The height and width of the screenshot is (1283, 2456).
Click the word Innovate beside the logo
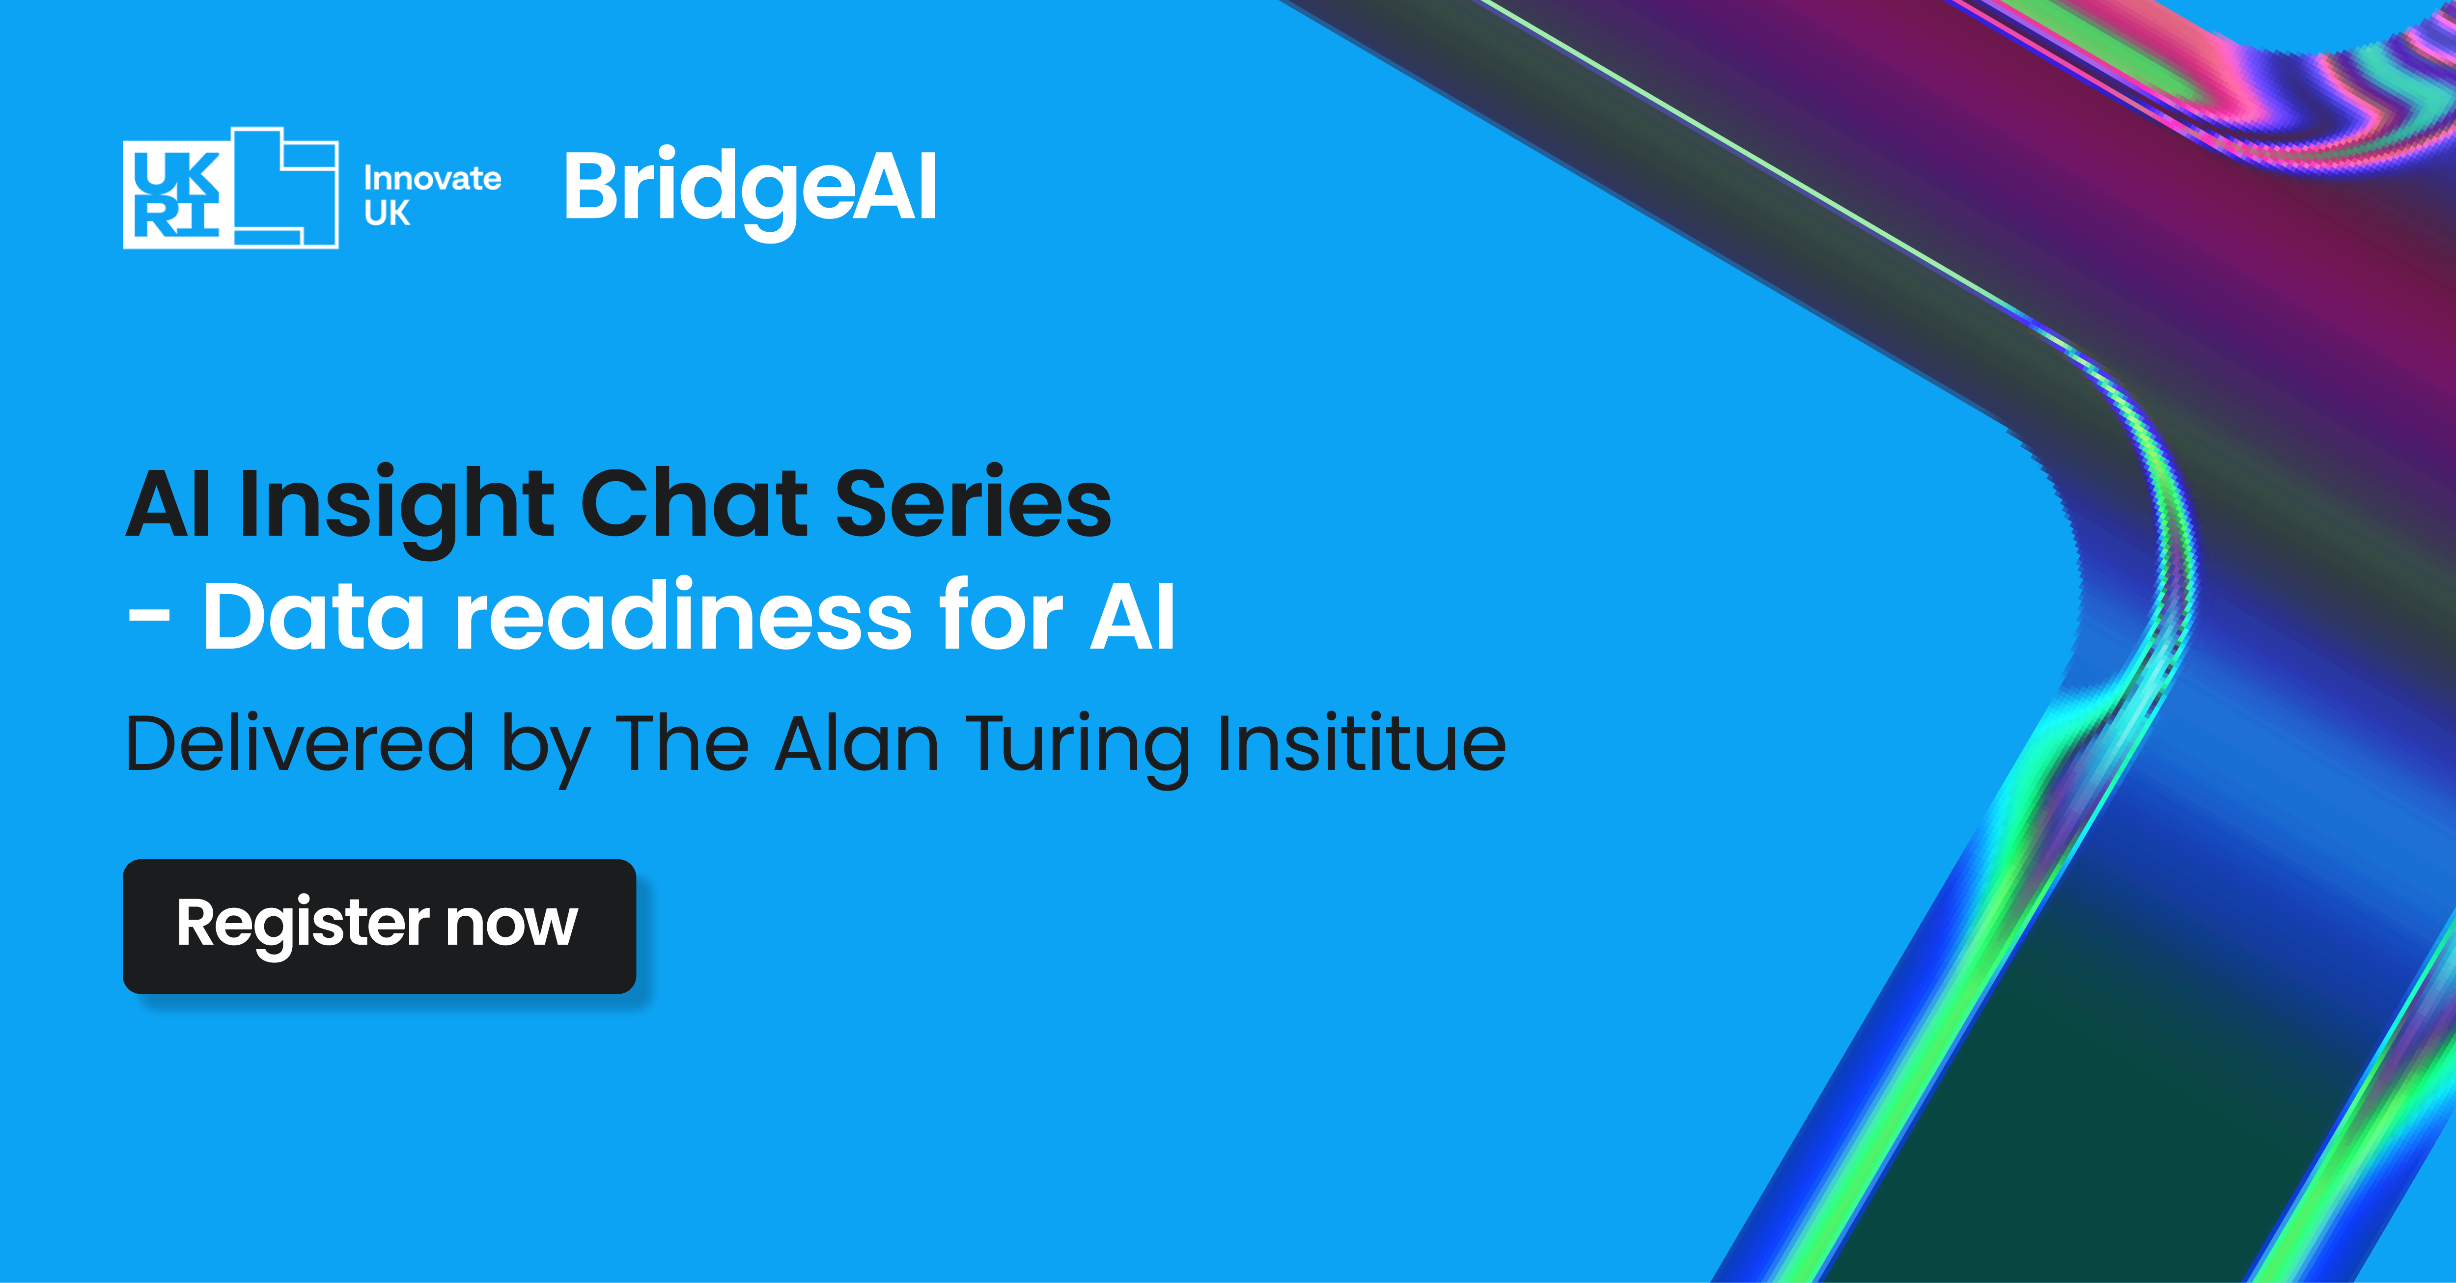(432, 178)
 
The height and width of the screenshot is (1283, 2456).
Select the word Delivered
(299, 743)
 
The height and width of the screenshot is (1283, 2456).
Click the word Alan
(857, 743)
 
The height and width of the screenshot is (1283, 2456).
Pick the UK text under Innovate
(387, 214)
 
